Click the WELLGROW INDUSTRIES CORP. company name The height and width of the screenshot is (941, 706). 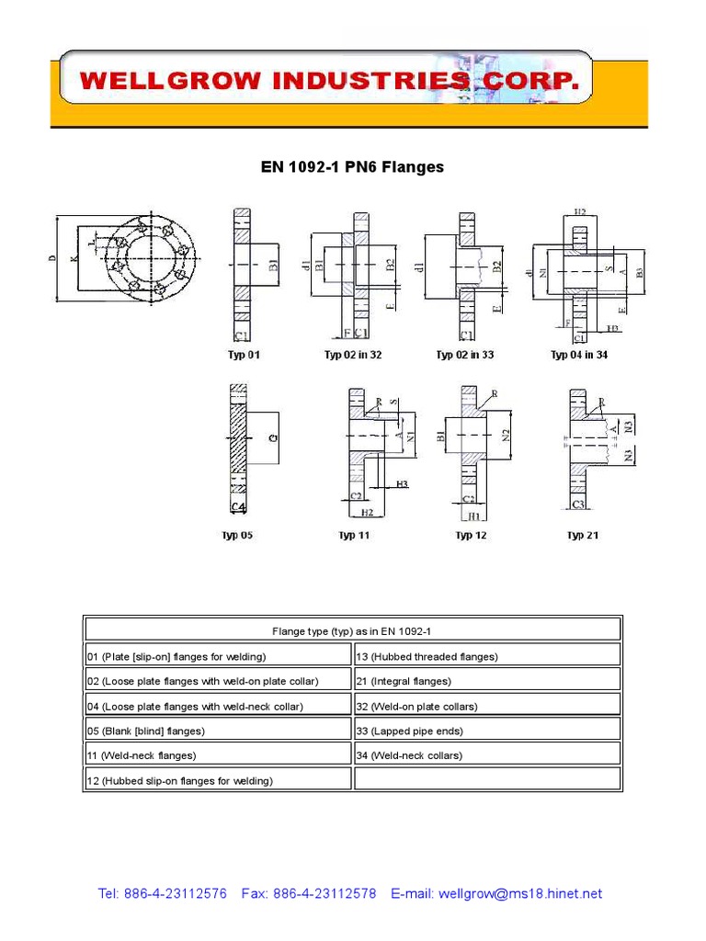[x=329, y=83]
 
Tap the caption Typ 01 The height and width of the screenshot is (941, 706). [x=244, y=355]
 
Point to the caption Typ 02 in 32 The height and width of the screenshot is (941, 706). [x=352, y=355]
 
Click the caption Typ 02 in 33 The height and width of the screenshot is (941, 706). [x=464, y=355]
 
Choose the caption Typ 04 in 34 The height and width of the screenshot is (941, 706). [x=578, y=355]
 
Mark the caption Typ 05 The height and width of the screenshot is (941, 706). [x=236, y=535]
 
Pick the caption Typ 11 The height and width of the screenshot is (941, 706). [x=354, y=535]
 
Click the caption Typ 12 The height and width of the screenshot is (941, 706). [x=471, y=535]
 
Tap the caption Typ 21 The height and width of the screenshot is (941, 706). [x=583, y=535]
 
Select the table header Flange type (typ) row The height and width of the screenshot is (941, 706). [x=352, y=630]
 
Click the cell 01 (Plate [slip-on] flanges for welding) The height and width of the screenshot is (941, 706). [x=218, y=656]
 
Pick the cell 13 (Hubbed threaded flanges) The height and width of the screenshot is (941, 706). [x=487, y=656]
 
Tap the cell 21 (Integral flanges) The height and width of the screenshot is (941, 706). [x=487, y=681]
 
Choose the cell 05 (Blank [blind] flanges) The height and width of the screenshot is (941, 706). [x=218, y=731]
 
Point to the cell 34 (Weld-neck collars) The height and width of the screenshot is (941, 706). [x=487, y=755]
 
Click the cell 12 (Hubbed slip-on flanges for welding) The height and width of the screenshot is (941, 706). [x=218, y=780]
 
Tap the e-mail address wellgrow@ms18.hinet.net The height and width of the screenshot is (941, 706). [x=520, y=893]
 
